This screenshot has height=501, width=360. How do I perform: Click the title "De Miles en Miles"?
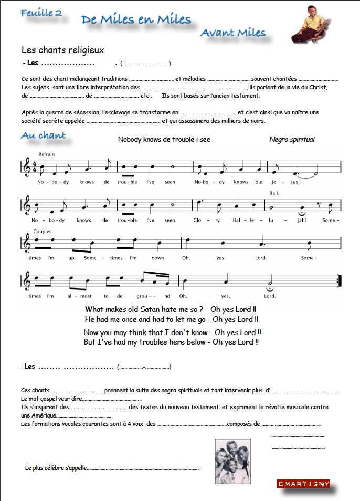(135, 20)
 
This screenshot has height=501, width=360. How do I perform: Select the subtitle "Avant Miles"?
(233, 33)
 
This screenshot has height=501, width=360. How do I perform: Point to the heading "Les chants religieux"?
(63, 50)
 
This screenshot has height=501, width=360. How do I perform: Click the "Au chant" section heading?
(43, 135)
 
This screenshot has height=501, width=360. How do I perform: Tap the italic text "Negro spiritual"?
(292, 140)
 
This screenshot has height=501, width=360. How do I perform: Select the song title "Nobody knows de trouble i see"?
(164, 140)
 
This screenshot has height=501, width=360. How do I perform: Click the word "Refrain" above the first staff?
(46, 154)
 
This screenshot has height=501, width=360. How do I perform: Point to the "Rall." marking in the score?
(273, 193)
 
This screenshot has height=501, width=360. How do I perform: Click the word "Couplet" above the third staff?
(42, 231)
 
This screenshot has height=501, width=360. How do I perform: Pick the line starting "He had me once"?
(171, 319)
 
